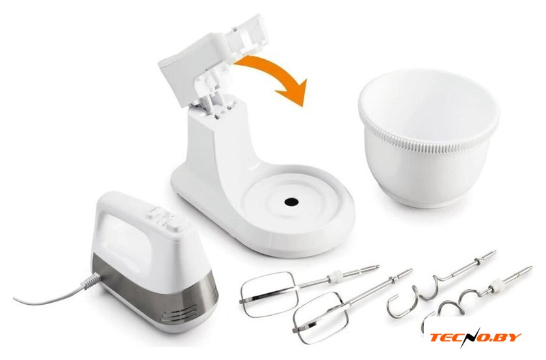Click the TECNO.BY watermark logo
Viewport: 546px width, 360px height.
(x=474, y=337)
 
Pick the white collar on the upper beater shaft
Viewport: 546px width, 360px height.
(x=333, y=277)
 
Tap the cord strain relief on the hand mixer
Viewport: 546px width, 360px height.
(x=91, y=281)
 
